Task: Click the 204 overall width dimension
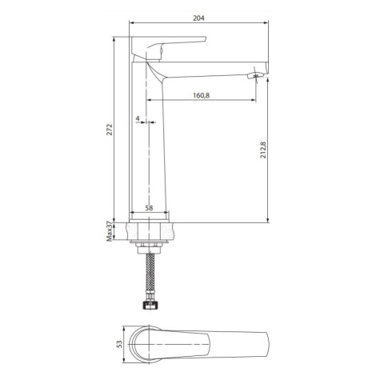[198, 18]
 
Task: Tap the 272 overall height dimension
[110, 130]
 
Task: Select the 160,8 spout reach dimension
[202, 95]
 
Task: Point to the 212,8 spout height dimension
[263, 150]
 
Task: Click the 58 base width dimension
[149, 208]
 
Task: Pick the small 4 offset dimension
[138, 118]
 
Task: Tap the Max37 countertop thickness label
[110, 231]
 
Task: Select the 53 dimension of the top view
[119, 344]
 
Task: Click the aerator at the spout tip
[254, 76]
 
